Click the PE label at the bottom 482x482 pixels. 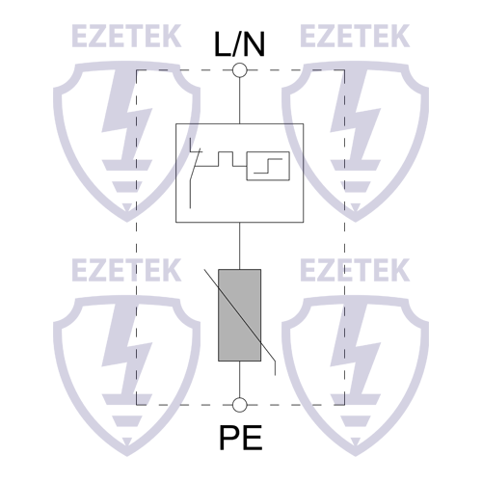pos(240,440)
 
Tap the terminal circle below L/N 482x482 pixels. pos(240,70)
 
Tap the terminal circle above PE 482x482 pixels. pos(240,405)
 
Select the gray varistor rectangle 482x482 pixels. pos(240,315)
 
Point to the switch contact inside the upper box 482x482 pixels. pos(197,172)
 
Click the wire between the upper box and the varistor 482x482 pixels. pos(240,246)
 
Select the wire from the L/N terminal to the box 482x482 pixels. pos(240,99)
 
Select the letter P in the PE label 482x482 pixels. pos(228,440)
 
